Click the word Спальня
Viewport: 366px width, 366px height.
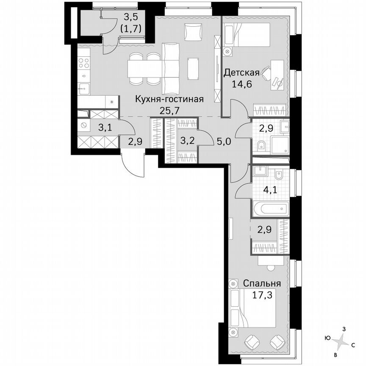point(262,283)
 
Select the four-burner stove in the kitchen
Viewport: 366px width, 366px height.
point(84,63)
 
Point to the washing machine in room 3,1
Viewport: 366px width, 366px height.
point(84,125)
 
